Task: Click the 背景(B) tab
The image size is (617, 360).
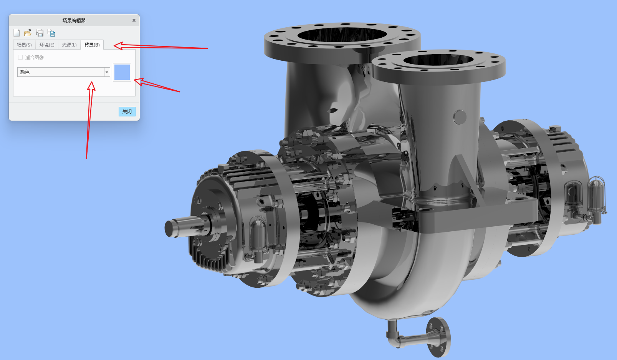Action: point(92,45)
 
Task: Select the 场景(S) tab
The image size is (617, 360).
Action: point(24,45)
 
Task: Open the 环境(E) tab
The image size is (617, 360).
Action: point(47,45)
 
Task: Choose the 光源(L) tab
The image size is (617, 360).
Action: point(69,45)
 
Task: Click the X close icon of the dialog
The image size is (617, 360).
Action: point(134,20)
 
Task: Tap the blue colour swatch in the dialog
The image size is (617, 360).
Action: point(122,72)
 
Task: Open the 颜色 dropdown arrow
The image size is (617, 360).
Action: point(107,72)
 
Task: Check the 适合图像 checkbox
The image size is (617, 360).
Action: point(20,57)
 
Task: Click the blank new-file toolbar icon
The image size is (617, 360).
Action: point(17,33)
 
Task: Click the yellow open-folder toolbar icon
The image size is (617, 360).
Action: point(28,33)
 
